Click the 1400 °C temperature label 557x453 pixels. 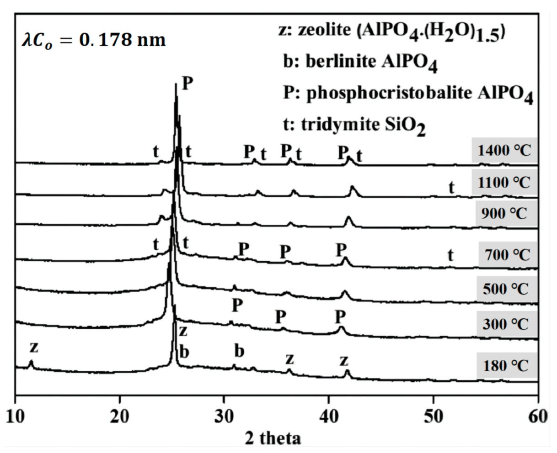coord(504,150)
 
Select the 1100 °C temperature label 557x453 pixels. coord(504,182)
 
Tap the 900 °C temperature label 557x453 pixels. coord(504,214)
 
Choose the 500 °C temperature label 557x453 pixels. coord(505,289)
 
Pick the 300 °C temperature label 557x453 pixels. coord(505,324)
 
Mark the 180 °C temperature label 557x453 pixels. coord(505,365)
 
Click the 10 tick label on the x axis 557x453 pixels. coord(16,417)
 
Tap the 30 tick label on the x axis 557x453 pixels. coord(224,417)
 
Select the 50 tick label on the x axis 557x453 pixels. coord(434,417)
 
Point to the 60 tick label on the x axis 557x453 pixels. coord(537,417)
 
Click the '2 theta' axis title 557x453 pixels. coord(273,438)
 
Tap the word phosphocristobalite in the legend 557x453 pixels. coord(388,93)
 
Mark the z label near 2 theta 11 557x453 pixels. coord(33,347)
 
